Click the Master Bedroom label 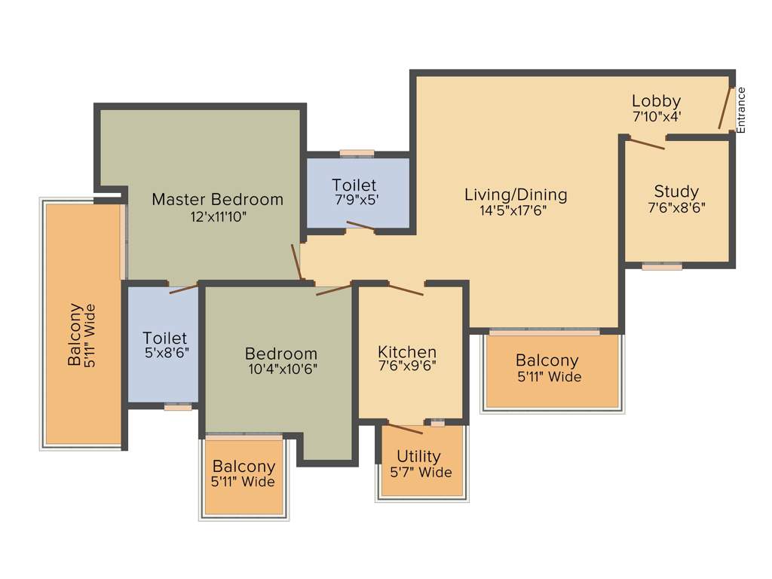[x=217, y=200]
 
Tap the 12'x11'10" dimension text [x=217, y=217]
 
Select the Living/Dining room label [x=516, y=195]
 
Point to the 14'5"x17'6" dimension [x=513, y=211]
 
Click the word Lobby [x=656, y=101]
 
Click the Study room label [x=676, y=191]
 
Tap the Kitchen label [x=407, y=352]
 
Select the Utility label [x=418, y=457]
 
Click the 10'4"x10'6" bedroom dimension [x=281, y=369]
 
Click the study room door [x=646, y=143]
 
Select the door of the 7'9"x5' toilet [x=360, y=225]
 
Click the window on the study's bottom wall [x=662, y=265]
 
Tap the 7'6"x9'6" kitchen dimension [x=407, y=367]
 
